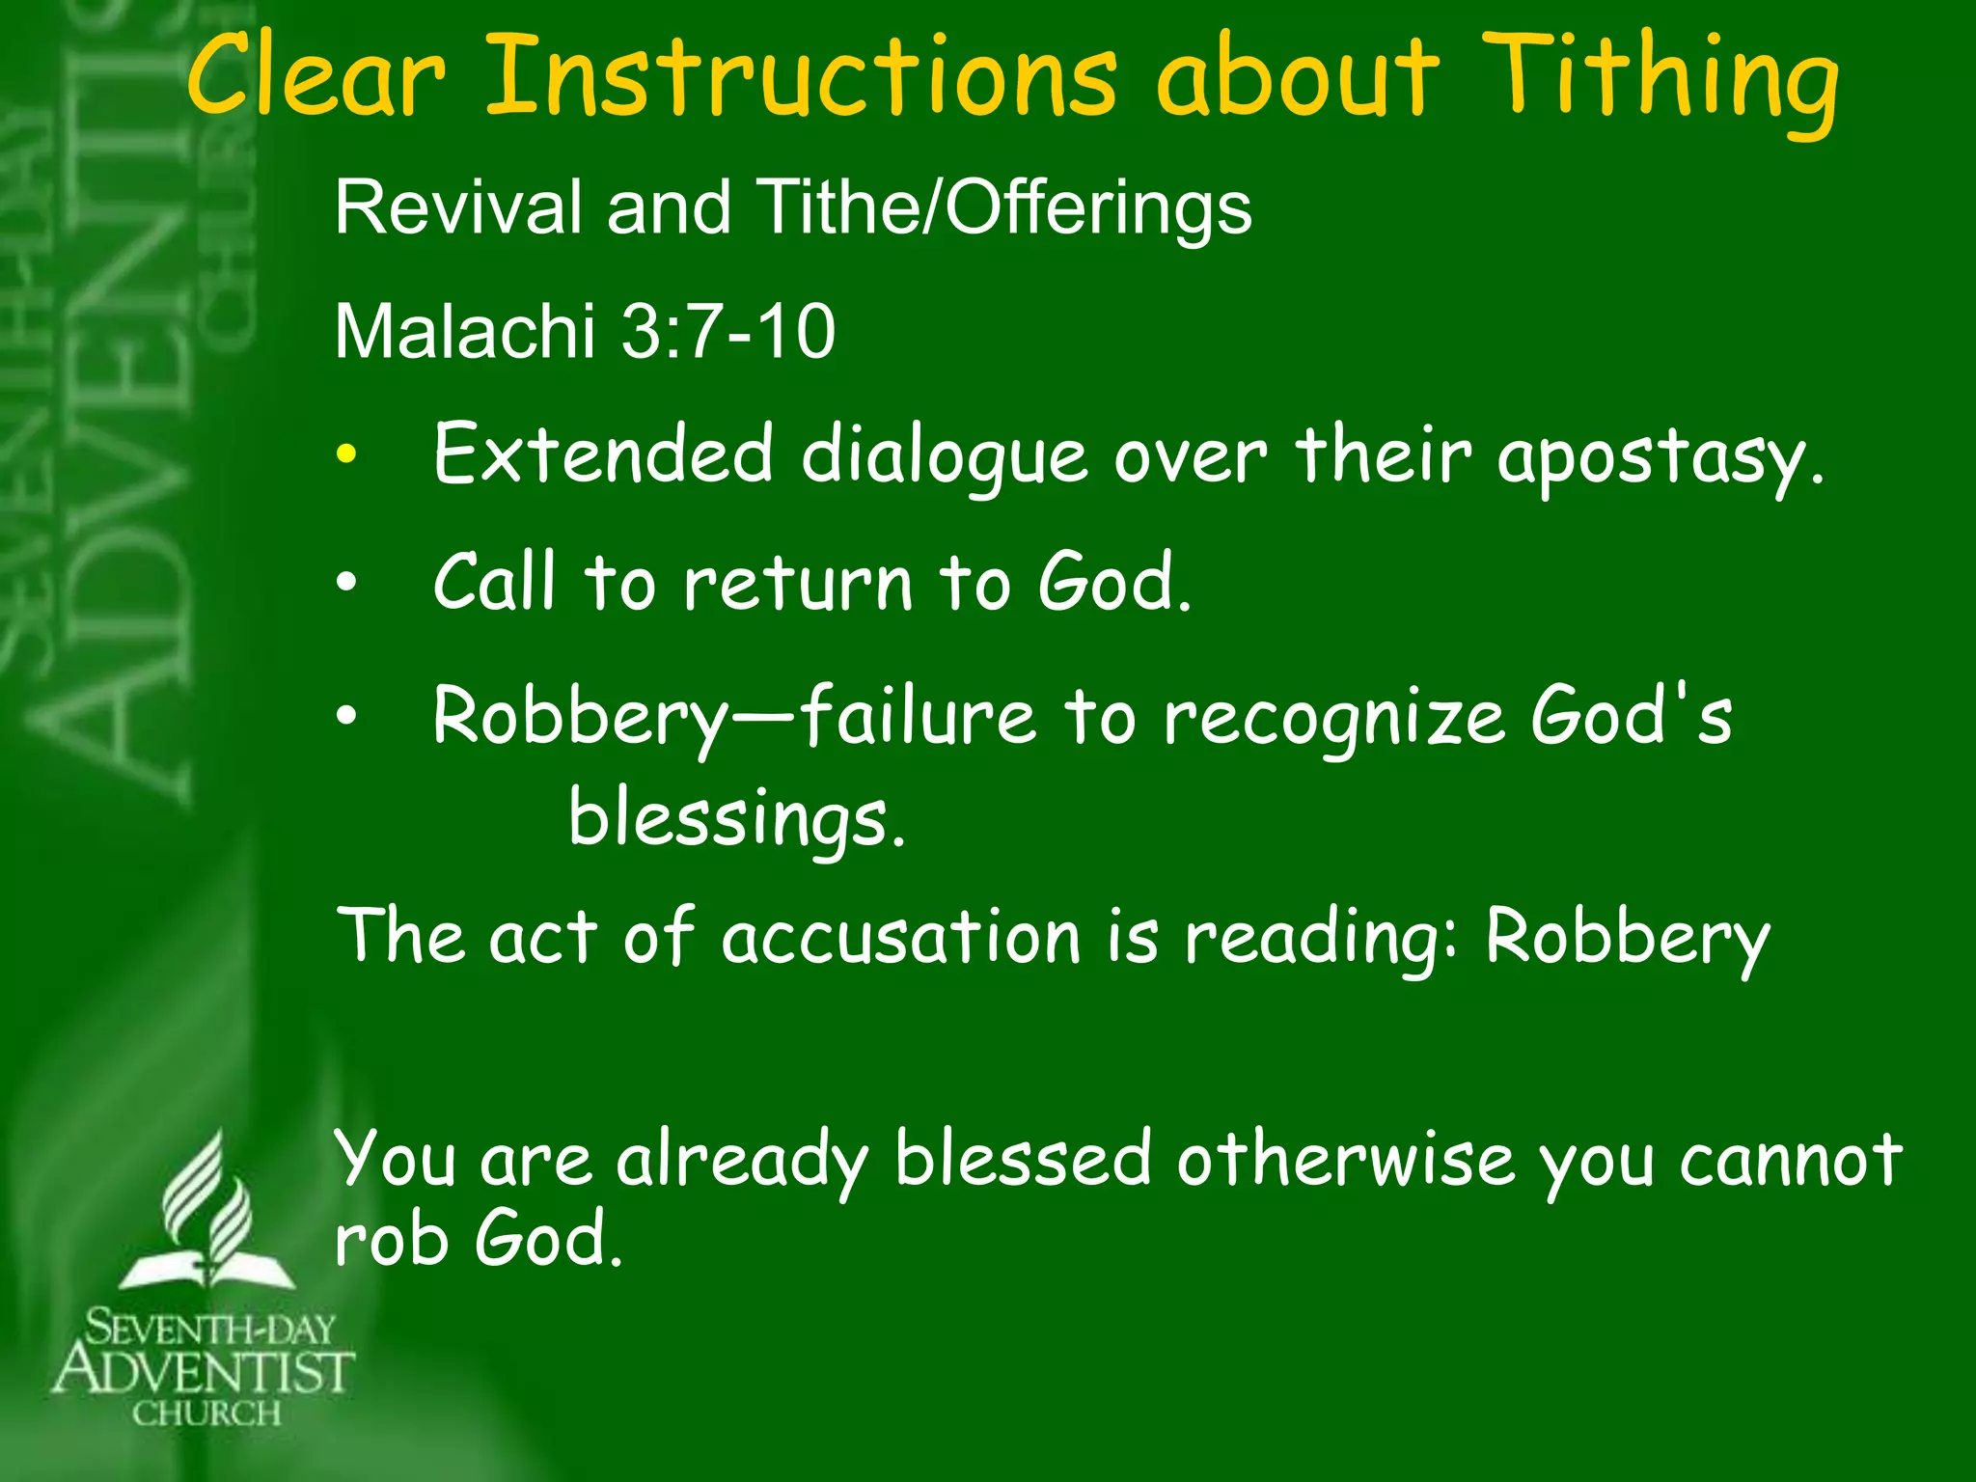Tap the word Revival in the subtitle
click(457, 207)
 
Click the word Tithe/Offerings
click(1004, 207)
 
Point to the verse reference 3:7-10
click(727, 332)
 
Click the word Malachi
click(464, 332)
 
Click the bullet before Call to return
click(346, 583)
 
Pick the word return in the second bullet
click(797, 583)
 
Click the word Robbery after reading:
click(1627, 938)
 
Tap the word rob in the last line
click(391, 1239)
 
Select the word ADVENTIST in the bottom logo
click(204, 1371)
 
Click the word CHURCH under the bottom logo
click(206, 1414)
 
